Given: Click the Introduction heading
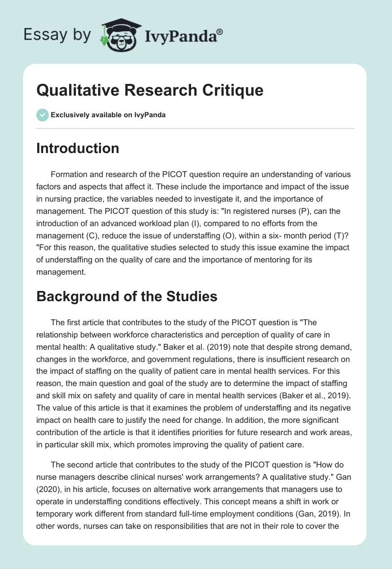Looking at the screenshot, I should [77, 148].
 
